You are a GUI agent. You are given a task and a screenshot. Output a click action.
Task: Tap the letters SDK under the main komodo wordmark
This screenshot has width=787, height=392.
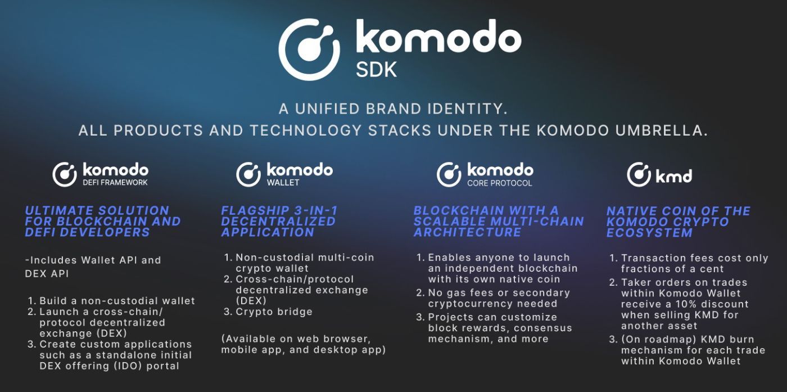point(376,69)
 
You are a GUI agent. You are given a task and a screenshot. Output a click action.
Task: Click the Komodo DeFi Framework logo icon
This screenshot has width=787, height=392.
point(65,174)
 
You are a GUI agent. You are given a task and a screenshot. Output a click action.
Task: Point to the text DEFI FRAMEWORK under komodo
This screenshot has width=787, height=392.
point(115,183)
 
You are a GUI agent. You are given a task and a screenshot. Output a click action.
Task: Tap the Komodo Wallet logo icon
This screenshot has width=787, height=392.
point(248,174)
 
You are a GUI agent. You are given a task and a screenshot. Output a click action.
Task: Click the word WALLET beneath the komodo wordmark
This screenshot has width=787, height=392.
point(283,183)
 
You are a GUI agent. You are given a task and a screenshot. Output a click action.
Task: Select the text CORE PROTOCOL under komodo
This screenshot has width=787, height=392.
point(499,183)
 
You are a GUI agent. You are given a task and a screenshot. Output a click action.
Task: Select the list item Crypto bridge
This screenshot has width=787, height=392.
point(274,312)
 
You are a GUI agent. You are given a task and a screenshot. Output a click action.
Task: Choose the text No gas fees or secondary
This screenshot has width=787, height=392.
point(499,293)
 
